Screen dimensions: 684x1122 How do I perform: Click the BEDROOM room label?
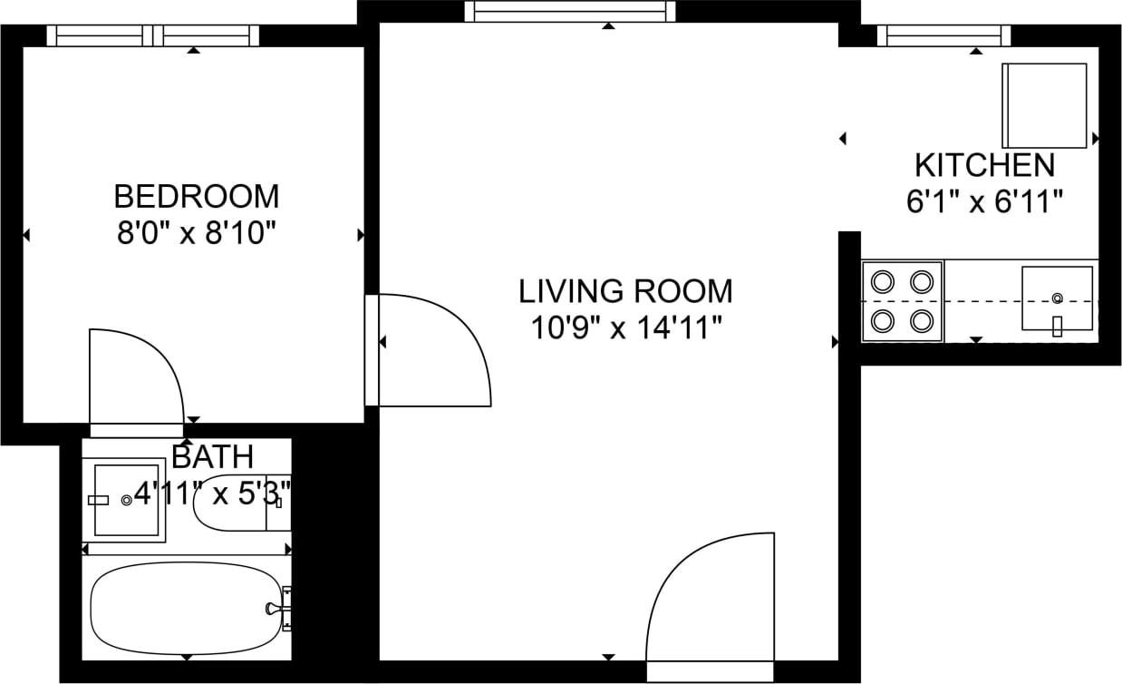click(x=196, y=196)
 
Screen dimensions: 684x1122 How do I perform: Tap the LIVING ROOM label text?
click(x=625, y=291)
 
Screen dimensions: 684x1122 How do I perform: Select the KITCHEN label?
click(x=984, y=166)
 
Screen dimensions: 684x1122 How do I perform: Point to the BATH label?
click(x=212, y=456)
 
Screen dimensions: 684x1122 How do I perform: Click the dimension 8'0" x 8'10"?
click(x=196, y=234)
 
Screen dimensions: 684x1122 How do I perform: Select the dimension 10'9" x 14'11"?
click(x=625, y=327)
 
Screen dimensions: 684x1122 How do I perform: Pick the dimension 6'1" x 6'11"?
click(x=984, y=201)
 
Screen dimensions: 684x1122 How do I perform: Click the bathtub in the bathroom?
click(x=186, y=606)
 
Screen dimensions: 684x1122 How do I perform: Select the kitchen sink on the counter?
click(x=1057, y=298)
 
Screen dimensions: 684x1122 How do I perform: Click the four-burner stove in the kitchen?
click(x=902, y=301)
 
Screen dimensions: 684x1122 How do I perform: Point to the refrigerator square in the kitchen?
click(x=1044, y=105)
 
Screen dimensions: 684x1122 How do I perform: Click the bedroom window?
click(x=152, y=35)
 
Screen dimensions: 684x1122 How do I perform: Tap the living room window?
click(x=570, y=12)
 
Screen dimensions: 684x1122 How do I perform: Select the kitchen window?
click(x=943, y=35)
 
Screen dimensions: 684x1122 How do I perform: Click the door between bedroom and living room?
click(x=430, y=350)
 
